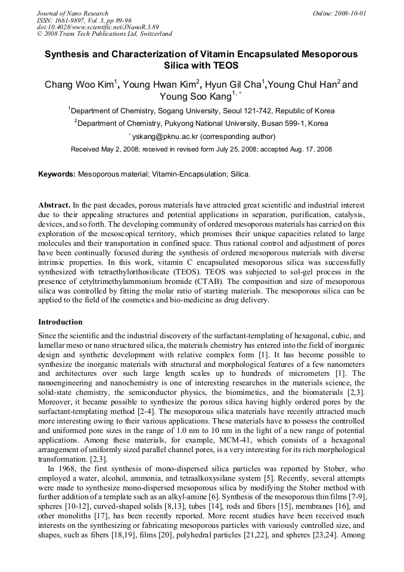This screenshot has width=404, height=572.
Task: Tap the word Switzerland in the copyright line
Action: pos(152,34)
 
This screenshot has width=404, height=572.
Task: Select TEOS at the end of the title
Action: pos(225,65)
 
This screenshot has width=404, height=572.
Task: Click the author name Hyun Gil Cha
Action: pos(237,85)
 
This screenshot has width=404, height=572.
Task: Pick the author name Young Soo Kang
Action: pos(195,97)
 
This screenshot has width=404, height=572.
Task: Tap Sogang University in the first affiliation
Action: pos(187,111)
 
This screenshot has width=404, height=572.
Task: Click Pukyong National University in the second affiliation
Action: pos(200,123)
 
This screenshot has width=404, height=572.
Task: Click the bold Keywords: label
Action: pos(57,174)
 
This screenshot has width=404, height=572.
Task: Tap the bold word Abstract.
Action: pos(54,205)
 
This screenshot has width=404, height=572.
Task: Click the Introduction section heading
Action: pos(60,322)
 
